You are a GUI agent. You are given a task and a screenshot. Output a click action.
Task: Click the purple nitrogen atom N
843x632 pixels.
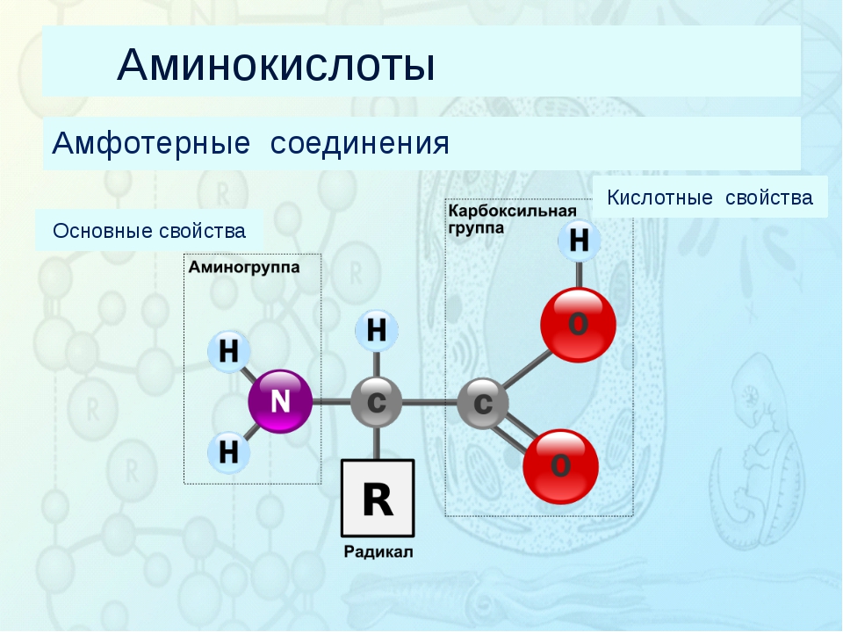tap(279, 402)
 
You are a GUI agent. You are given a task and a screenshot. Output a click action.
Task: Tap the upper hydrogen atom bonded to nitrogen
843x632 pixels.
tap(228, 353)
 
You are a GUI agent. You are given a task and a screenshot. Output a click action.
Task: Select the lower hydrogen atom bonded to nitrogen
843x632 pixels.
tap(228, 452)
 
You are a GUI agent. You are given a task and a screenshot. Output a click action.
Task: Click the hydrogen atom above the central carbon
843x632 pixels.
tap(376, 331)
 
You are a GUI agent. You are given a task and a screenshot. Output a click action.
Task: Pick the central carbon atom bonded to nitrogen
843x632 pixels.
tap(376, 403)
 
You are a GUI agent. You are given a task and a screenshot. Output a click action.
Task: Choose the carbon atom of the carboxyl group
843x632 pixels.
tap(483, 403)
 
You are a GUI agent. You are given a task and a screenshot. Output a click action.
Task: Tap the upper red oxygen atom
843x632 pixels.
tap(577, 324)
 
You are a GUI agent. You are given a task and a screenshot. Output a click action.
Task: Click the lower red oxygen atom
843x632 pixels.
tap(560, 466)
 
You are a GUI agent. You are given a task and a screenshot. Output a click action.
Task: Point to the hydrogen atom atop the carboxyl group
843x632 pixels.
tap(579, 240)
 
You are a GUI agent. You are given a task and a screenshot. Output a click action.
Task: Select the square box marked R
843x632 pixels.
tap(378, 498)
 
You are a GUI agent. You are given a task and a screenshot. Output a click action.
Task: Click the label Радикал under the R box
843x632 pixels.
tap(378, 552)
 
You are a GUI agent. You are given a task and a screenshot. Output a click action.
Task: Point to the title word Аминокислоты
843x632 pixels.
tap(276, 65)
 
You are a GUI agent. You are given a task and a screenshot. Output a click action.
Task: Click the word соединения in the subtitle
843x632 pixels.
tap(359, 143)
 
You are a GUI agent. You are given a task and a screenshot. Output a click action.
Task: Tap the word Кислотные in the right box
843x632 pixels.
tap(659, 197)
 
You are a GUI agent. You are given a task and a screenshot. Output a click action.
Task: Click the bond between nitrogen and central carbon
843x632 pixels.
tap(330, 403)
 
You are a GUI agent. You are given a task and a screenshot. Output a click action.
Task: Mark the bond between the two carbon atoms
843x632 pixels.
tap(429, 403)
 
